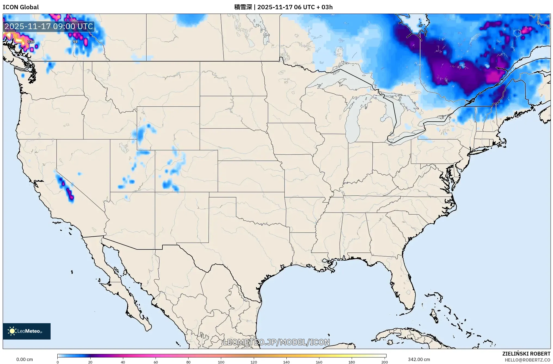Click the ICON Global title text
[21, 7]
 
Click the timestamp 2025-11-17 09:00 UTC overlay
[49, 26]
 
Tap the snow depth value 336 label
[31, 42]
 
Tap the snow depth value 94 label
[75, 42]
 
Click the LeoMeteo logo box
[27, 331]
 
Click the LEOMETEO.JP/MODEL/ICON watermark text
[276, 342]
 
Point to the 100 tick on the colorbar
[221, 362]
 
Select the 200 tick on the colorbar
[384, 362]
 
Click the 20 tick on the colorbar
[90, 362]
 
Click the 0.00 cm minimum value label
[24, 359]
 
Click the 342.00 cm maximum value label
[419, 359]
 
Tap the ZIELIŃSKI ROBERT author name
[526, 354]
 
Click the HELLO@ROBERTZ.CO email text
[527, 360]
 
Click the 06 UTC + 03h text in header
[313, 7]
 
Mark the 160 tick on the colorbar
[319, 362]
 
